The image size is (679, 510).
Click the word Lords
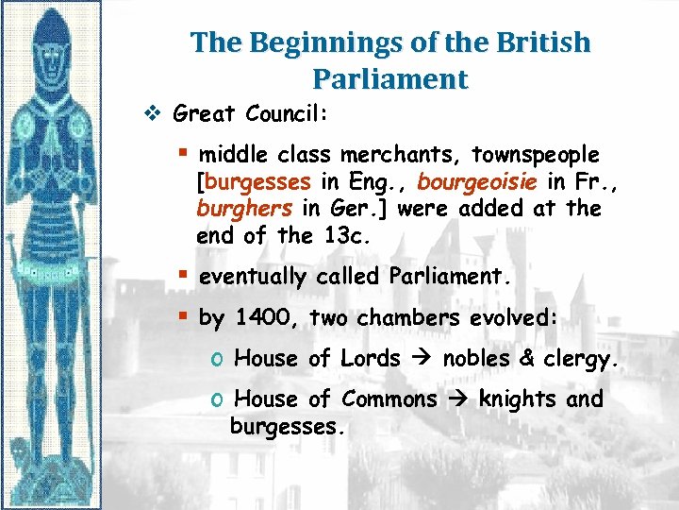pyautogui.click(x=371, y=358)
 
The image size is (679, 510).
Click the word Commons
pyautogui.click(x=389, y=399)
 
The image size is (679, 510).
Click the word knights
pyautogui.click(x=518, y=399)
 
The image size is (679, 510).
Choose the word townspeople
pyautogui.click(x=536, y=154)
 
